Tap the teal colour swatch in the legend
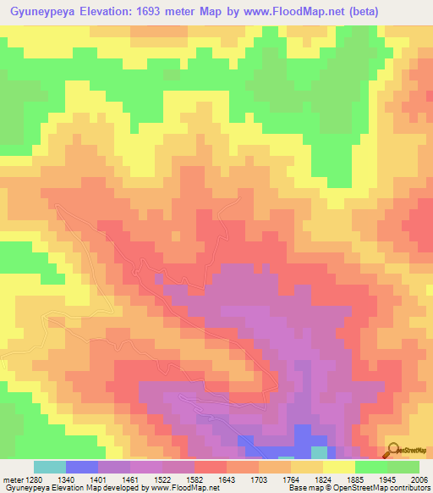pos(50,467)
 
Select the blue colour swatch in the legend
pos(82,467)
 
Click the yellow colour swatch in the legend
pos(338,467)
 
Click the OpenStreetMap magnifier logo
pos(392,449)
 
